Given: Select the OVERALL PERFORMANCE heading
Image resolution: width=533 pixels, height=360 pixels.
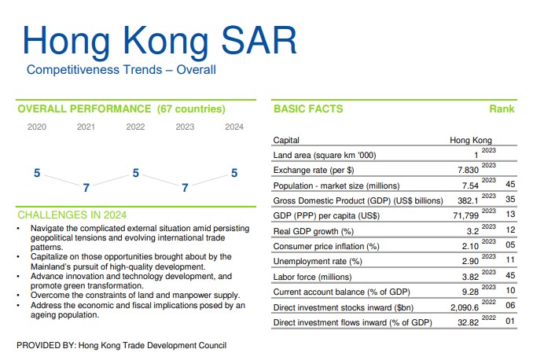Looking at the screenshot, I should coord(121,108).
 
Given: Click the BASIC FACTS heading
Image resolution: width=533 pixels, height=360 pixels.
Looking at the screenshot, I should coord(308,109).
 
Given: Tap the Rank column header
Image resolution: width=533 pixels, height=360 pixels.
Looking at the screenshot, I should coord(502,109).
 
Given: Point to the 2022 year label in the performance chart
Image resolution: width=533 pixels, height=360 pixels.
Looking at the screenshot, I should coord(135,127).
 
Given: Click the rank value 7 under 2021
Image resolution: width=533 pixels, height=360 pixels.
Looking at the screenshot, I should coord(86,188).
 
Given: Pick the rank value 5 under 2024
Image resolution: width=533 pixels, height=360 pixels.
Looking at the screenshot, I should coord(233,173).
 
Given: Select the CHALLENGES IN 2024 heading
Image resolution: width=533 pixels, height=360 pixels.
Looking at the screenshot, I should coord(72,215).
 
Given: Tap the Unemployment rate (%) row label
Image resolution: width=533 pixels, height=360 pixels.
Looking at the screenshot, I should coord(318,261).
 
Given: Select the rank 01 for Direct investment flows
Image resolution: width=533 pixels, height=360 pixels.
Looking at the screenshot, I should coord(510,322).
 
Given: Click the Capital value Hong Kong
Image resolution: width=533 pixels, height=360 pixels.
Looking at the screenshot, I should coord(470,141).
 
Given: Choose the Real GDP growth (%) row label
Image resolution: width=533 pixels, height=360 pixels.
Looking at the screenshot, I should coord(313,231).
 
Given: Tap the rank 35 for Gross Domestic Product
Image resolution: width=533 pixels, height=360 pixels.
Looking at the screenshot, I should coord(510,200).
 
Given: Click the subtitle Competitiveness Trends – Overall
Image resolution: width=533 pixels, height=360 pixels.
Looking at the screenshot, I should coord(121,70).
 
